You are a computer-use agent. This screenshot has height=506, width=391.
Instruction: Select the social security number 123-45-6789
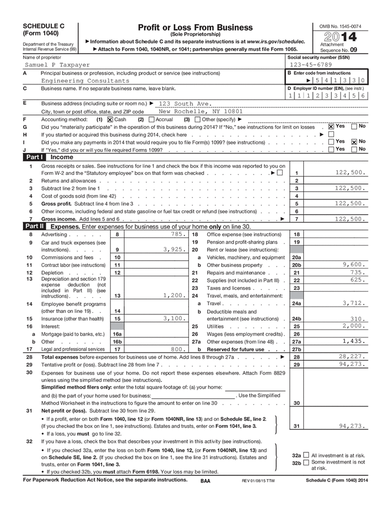pos(311,65)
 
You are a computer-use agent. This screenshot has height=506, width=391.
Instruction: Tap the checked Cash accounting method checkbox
pos(110,119)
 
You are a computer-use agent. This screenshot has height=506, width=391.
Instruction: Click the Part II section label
pos(34,227)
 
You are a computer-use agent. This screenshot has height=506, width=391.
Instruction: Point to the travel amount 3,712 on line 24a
pos(353,303)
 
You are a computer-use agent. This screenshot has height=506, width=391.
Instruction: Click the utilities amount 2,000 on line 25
pos(353,326)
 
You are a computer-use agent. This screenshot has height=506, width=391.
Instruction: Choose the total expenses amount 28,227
pos(352,356)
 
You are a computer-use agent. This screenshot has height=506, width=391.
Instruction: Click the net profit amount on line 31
pos(352,426)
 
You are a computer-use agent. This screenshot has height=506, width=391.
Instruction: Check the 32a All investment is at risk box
pos(306,455)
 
